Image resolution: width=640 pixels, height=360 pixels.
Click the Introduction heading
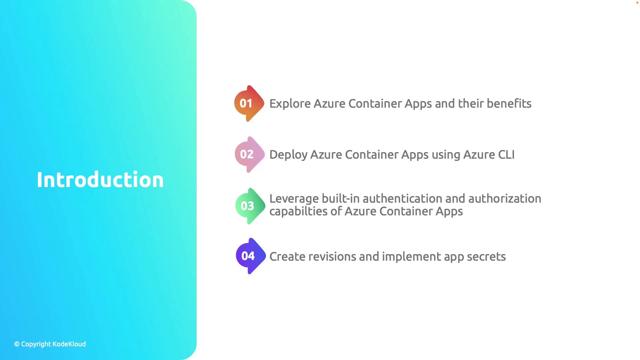click(100, 180)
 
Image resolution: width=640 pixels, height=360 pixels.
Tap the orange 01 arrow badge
click(249, 103)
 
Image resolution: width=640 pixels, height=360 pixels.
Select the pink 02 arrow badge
click(250, 154)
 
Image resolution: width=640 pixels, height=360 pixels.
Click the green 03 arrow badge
click(250, 206)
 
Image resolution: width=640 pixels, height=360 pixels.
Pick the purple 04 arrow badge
click(251, 256)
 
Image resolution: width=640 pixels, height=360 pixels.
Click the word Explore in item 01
click(290, 104)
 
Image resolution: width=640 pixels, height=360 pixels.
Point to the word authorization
click(505, 199)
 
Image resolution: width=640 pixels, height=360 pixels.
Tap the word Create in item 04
click(287, 256)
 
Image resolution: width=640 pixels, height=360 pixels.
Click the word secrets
click(486, 257)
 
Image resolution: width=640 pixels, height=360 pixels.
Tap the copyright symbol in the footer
click(17, 344)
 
